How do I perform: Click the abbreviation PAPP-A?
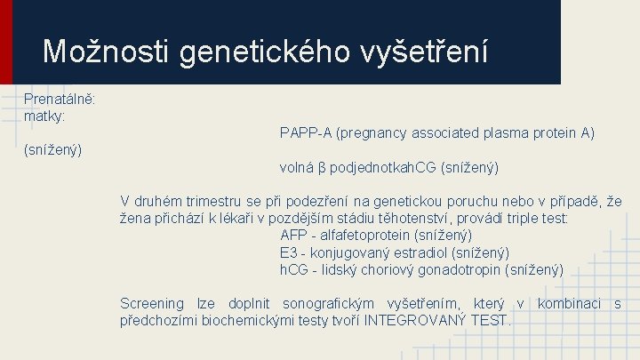point(306,133)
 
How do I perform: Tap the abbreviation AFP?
point(293,236)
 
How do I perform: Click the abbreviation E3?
point(289,252)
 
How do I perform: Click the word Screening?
point(152,304)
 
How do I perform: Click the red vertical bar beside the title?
point(6,42)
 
